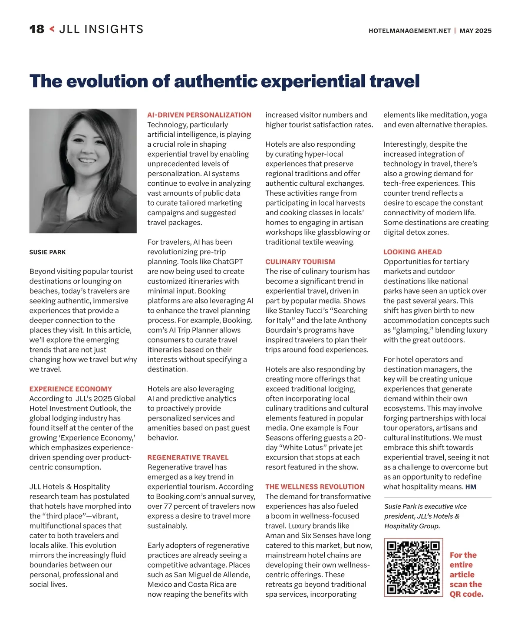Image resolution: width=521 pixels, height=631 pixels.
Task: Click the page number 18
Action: (36, 29)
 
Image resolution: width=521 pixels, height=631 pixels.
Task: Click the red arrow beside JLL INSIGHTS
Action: (52, 29)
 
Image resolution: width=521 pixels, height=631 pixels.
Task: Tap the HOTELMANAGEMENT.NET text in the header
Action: (409, 31)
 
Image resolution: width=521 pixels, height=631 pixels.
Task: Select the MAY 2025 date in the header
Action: (475, 31)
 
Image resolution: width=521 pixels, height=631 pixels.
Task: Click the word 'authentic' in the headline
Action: (215, 81)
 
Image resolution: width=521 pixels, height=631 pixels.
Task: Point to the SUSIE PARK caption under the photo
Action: (48, 252)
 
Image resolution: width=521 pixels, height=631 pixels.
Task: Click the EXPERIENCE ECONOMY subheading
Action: (71, 389)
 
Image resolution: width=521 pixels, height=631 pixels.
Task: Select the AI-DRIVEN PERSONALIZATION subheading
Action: (199, 115)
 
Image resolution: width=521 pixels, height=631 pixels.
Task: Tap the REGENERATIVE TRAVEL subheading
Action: (188, 457)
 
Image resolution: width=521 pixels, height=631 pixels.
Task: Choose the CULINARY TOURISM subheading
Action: (300, 262)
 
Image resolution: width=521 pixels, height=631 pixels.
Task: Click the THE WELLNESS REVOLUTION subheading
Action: (315, 487)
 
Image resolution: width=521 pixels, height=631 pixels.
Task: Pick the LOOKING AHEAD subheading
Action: (412, 252)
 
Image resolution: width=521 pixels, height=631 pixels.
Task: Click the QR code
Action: (413, 567)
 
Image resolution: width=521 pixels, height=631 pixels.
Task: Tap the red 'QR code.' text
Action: (466, 594)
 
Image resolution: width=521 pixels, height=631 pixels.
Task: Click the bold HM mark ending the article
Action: (471, 487)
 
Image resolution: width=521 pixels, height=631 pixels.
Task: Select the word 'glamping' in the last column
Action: (414, 330)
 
